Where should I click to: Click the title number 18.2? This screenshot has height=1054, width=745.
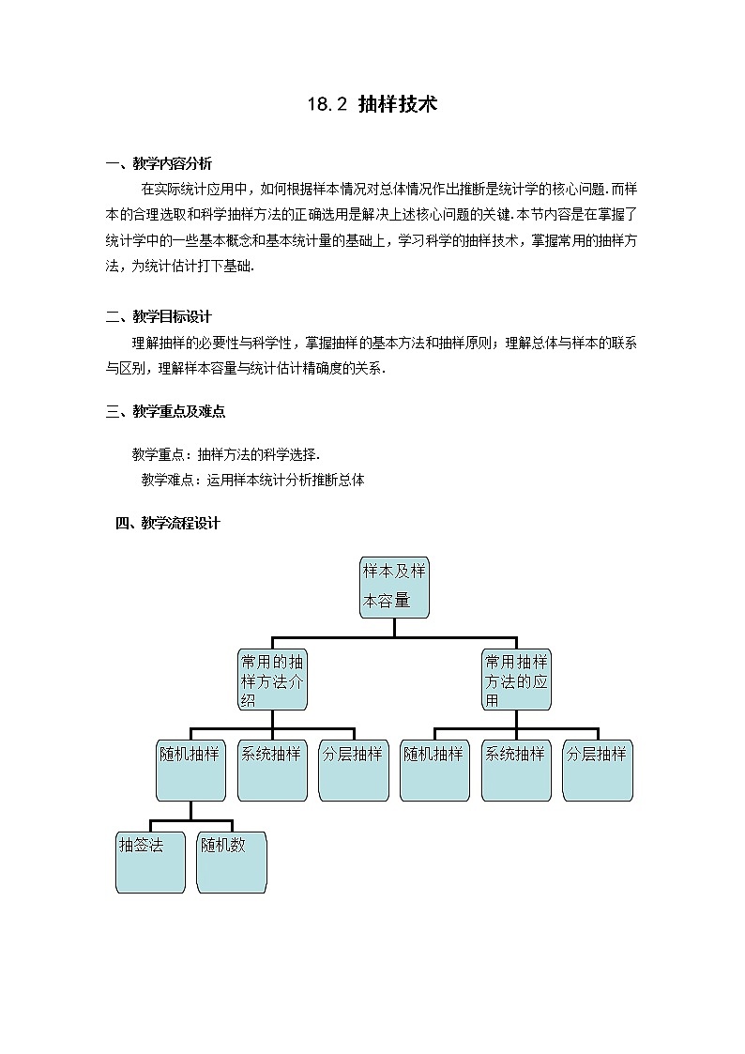pos(327,105)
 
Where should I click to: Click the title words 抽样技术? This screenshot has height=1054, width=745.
pos(398,104)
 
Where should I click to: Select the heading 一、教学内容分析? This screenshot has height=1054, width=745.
pos(159,163)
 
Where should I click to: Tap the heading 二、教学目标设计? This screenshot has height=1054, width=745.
pos(159,316)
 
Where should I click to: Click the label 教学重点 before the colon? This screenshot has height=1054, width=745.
pos(160,454)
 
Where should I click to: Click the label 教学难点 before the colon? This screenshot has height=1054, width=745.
pos(170,480)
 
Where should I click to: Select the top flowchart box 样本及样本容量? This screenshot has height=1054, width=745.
pos(394,588)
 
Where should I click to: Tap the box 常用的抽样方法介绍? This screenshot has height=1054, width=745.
pos(272,680)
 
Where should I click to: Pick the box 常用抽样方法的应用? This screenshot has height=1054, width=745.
pos(516,680)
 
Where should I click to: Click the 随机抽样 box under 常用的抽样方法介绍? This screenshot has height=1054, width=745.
pos(190,771)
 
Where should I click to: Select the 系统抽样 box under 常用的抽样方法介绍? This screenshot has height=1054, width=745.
pos(272,771)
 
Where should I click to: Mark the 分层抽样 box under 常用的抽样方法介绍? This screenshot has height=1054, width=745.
pos(354,771)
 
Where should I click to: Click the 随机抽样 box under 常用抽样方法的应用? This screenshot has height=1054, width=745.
pos(434,771)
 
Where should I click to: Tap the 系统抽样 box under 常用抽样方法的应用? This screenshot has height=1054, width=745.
pos(516,771)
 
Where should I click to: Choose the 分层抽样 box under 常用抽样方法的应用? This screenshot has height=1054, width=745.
pos(598,771)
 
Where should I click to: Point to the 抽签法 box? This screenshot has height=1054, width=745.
pos(150,862)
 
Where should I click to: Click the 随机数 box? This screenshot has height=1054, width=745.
pos(232,862)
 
